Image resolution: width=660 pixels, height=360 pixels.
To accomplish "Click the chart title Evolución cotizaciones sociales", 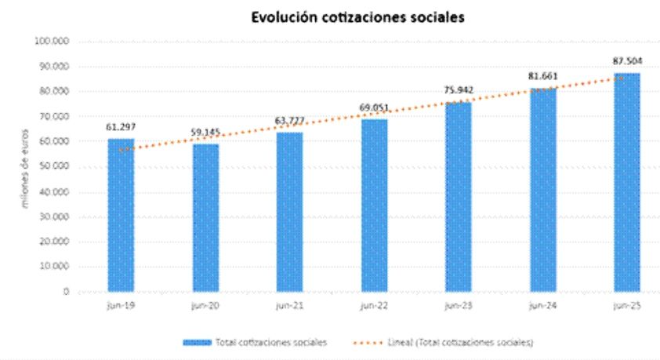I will pos(357,16).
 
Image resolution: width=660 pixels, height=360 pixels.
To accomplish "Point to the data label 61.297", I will pos(121,127).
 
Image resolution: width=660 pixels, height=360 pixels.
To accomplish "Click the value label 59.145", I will pos(206,133).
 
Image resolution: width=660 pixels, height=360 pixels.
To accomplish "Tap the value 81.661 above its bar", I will pos(542,76).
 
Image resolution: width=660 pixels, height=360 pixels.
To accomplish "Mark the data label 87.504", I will pos(626,60).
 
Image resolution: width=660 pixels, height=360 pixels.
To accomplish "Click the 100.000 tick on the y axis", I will pos(53,41).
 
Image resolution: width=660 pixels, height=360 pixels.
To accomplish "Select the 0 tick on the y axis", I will pos(66,292).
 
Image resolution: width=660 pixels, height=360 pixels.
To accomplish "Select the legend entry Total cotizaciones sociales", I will pos(255,343).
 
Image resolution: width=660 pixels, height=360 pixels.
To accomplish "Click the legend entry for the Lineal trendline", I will pos(447,343).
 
